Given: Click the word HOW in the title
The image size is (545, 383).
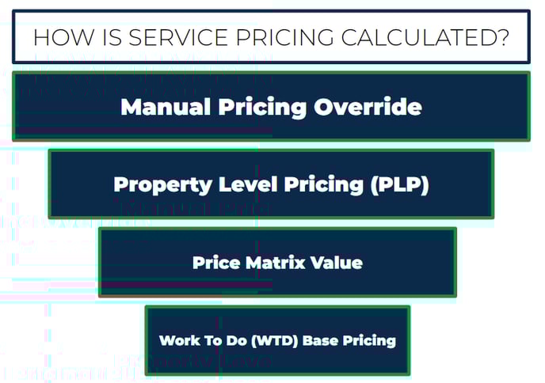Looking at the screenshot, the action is click(63, 37).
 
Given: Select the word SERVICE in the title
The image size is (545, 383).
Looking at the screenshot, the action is click(178, 37).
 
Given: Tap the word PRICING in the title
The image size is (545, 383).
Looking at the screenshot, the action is click(284, 37).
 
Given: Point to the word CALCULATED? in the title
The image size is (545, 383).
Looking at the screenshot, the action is click(425, 37).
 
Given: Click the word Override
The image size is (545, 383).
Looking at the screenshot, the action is click(368, 107).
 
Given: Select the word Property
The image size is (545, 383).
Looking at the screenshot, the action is click(162, 185).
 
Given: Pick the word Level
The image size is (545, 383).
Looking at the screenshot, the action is click(248, 184).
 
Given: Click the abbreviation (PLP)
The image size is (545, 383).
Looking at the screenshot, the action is click(399, 184).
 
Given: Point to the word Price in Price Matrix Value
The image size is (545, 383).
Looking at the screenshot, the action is click(216, 263).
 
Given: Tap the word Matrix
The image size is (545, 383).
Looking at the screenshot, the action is click(276, 263).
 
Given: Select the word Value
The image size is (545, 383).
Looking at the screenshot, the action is click(337, 263).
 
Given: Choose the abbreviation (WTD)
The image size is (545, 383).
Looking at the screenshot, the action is click(274, 340).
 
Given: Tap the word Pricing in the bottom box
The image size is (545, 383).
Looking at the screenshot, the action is click(369, 341).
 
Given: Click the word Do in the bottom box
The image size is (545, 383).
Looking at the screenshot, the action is click(236, 340).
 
